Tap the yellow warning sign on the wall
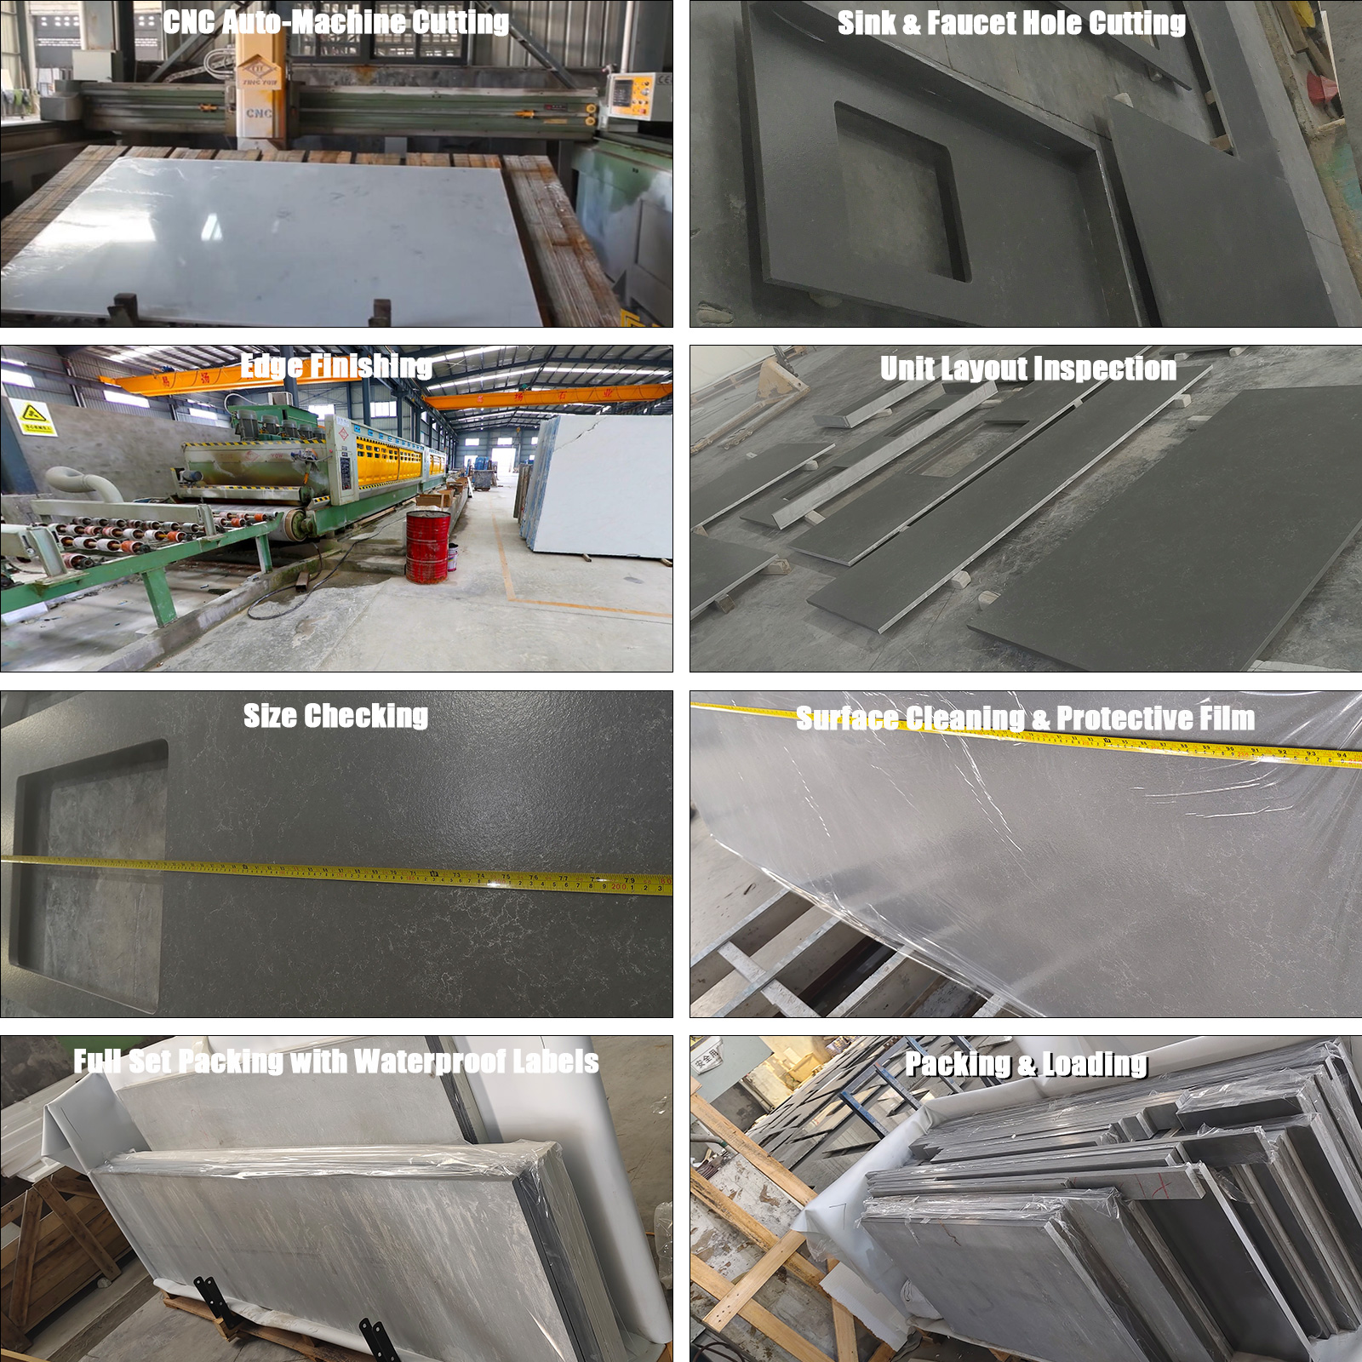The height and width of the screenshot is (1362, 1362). tap(35, 418)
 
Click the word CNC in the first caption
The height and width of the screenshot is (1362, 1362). tap(188, 22)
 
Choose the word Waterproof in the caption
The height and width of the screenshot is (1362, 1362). tap(430, 1062)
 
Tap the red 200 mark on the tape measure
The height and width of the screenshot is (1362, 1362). tap(618, 887)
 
